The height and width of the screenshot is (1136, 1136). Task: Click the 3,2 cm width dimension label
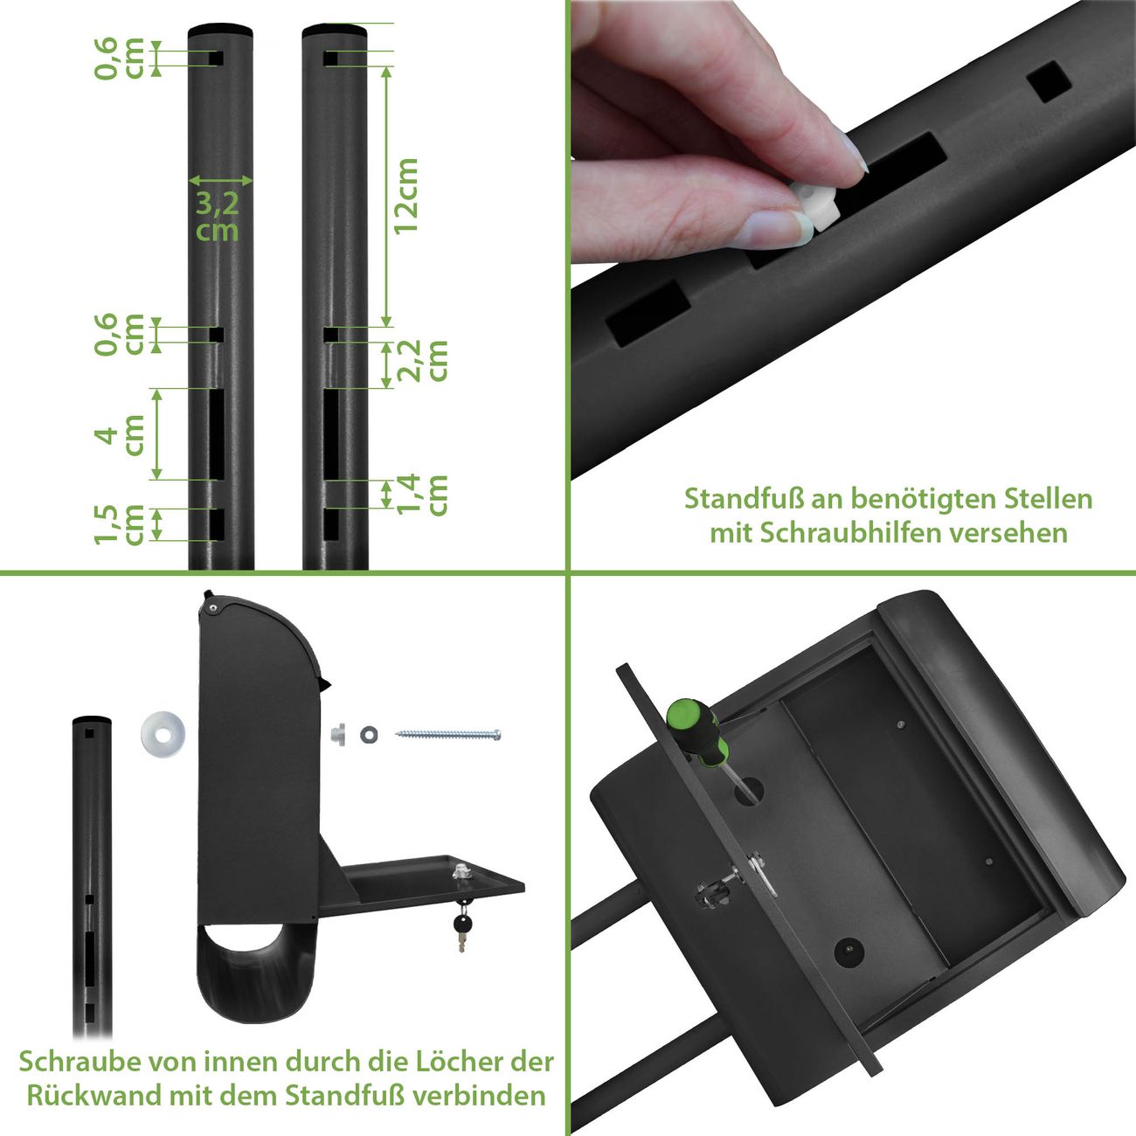coord(217,217)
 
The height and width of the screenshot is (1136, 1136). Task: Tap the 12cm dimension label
coord(405,197)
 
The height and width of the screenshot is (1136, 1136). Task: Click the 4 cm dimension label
coord(119,435)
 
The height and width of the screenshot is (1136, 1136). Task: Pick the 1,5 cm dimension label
coord(119,524)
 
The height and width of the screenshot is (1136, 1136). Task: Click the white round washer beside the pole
coord(163,734)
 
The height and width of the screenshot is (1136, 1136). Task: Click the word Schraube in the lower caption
coord(79,1062)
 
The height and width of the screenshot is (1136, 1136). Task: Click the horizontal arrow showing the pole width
coord(220,180)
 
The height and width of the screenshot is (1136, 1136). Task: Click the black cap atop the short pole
coord(92,720)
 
